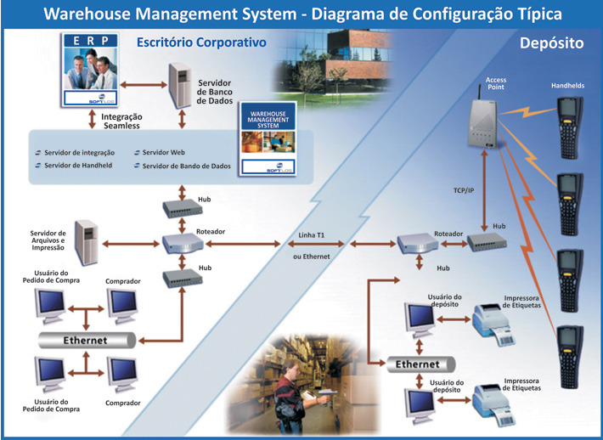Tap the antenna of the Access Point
480,93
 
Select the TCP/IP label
464,190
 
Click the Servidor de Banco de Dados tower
180,86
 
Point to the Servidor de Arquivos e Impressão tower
87,242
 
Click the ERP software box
90,70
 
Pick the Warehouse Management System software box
268,138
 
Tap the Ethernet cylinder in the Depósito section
420,364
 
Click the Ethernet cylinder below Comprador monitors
87,341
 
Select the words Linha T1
311,235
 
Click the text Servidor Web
163,152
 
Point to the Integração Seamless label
121,121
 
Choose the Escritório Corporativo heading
201,42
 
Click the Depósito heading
551,42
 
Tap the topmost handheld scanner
570,127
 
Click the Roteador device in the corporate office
183,244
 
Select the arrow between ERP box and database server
144,85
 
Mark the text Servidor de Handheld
78,166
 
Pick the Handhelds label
567,86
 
